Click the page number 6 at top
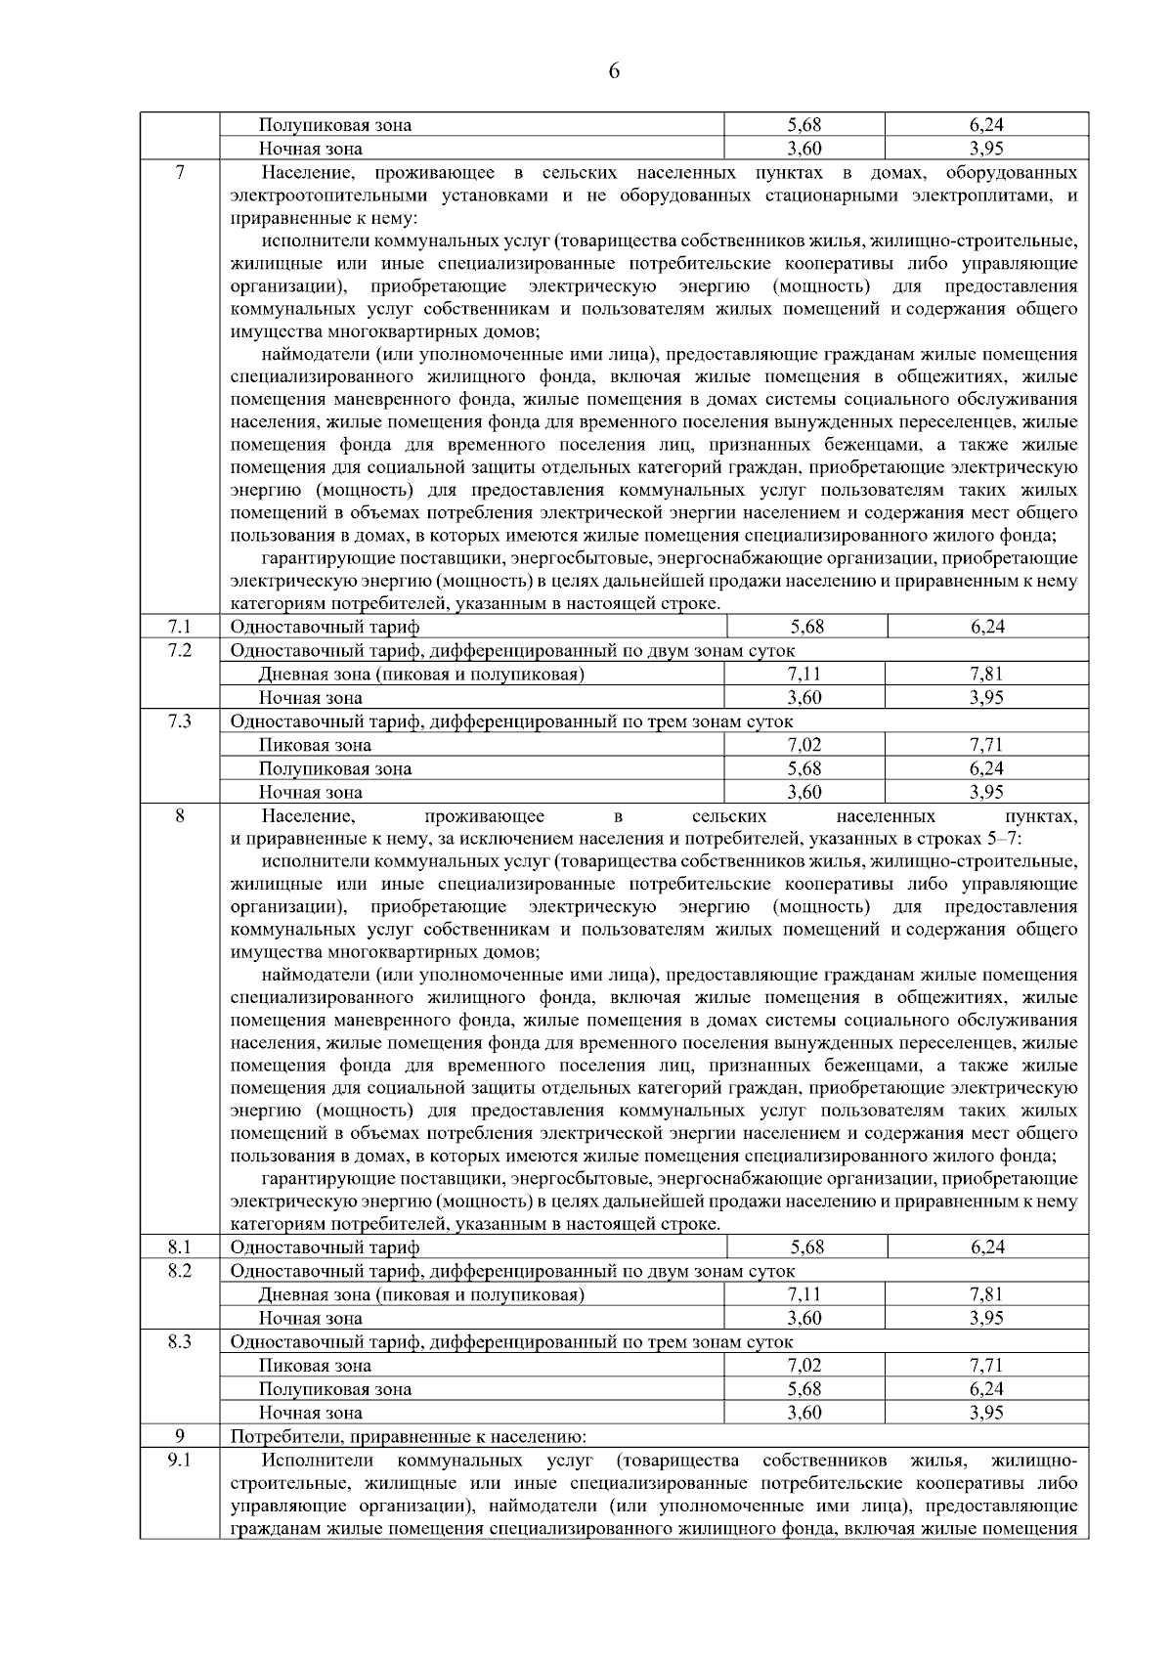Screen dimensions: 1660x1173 coord(614,70)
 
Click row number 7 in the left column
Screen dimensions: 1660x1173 coord(180,173)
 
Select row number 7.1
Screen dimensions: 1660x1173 coord(180,627)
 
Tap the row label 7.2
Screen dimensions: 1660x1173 coord(180,650)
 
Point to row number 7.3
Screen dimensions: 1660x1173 coord(180,721)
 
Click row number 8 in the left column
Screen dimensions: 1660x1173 coord(180,815)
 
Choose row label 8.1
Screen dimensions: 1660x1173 coord(180,1247)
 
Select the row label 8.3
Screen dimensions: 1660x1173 coord(180,1342)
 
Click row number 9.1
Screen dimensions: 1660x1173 coord(180,1461)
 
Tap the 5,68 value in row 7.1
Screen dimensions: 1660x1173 coord(805,627)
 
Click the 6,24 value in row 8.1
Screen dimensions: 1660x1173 coord(987,1247)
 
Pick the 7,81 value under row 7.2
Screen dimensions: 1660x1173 coord(987,674)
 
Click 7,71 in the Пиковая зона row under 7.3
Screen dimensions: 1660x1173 coord(987,745)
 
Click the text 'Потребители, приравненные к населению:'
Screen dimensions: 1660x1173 coord(408,1436)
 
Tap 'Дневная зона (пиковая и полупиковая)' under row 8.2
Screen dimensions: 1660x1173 coord(421,1294)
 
